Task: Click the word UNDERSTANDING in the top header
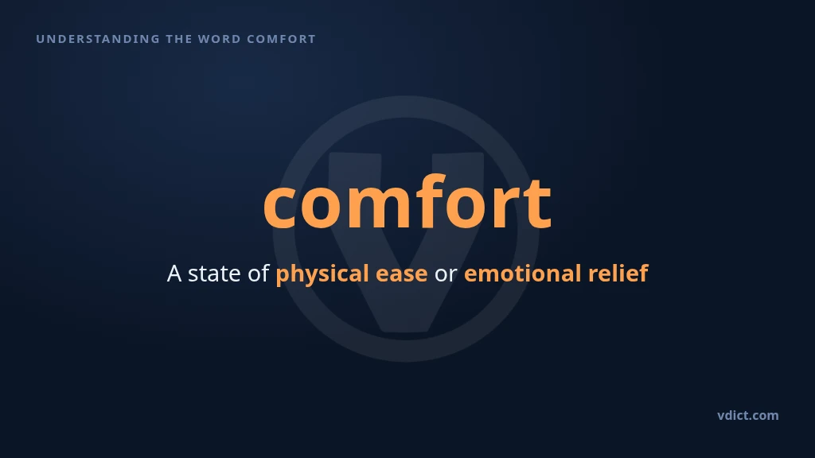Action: (98, 39)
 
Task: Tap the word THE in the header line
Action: (178, 39)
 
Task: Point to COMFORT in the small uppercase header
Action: (281, 39)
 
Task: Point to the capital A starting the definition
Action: (174, 274)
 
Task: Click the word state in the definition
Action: (213, 274)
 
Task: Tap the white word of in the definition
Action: (259, 274)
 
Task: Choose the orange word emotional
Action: (522, 274)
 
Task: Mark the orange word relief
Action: (618, 274)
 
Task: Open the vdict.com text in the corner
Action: (748, 415)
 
